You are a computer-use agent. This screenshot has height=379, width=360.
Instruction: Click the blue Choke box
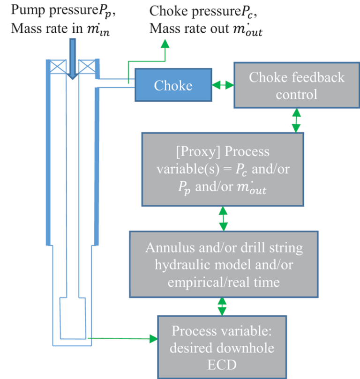pyautogui.click(x=172, y=85)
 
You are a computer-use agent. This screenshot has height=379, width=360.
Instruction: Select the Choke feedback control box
pyautogui.click(x=296, y=85)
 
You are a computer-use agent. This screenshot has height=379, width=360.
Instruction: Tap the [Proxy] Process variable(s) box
pyautogui.click(x=223, y=169)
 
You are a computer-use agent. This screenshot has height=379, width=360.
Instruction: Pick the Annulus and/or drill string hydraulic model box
pyautogui.click(x=223, y=264)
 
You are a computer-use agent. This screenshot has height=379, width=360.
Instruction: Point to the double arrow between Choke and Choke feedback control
pyautogui.click(x=222, y=85)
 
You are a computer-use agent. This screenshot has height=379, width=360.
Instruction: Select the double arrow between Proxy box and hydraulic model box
pyautogui.click(x=223, y=218)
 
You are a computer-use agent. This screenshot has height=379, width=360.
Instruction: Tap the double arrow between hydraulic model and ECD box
pyautogui.click(x=222, y=307)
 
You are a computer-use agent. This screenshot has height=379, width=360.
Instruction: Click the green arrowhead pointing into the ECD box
pyautogui.click(x=152, y=338)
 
